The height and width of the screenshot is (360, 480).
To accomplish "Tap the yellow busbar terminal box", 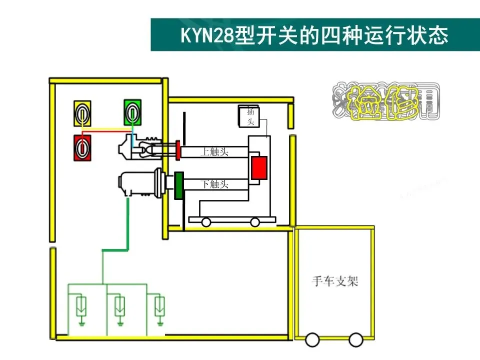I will coord(83,113).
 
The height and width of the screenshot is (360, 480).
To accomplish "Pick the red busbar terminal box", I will coord(83,148).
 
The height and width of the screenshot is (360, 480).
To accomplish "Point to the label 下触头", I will coord(215,184).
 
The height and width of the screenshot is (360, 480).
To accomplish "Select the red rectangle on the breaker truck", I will coord(259,167).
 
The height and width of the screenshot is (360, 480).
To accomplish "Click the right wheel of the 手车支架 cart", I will coord(355,340).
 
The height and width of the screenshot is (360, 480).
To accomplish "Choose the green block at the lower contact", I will coord(178,185).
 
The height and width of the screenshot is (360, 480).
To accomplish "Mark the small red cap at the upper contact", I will coord(177,151).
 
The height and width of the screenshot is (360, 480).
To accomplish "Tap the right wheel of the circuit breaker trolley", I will coord(255,222).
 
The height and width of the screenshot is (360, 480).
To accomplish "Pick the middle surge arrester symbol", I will coord(119,306).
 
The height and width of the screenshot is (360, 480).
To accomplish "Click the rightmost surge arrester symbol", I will coord(159,306).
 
